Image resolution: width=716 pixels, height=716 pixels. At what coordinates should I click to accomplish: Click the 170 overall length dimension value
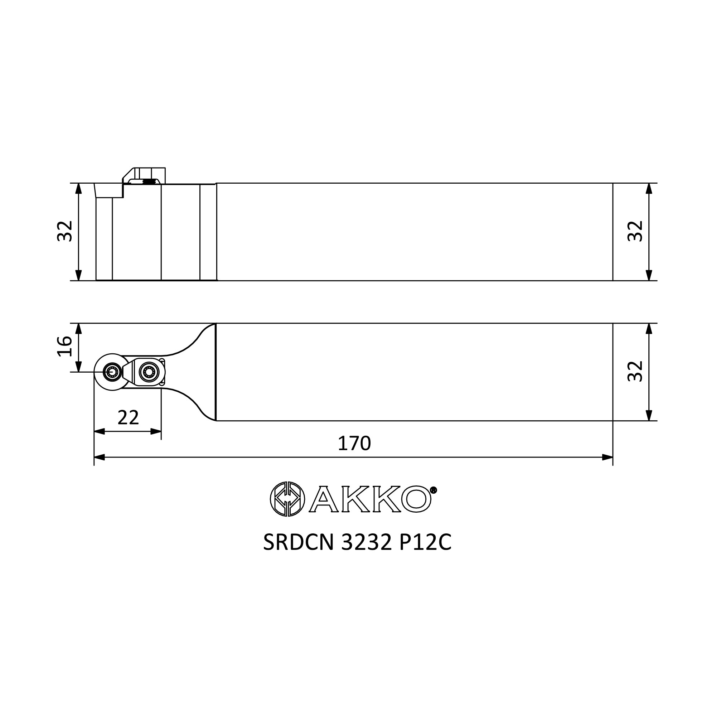[354, 443]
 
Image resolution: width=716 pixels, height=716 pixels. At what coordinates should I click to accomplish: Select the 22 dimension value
[128, 418]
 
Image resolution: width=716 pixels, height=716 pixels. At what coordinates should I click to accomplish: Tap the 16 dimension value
[64, 346]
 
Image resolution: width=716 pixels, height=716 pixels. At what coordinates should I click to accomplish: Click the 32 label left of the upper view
[64, 231]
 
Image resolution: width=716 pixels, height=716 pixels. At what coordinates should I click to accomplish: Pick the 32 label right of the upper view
[635, 231]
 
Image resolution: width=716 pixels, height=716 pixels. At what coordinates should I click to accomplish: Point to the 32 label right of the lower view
[635, 371]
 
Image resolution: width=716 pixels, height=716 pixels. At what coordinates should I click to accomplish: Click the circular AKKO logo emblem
[287, 499]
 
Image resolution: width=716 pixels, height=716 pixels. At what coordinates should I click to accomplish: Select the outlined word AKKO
[370, 499]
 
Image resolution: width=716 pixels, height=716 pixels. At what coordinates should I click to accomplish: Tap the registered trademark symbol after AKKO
[434, 490]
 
